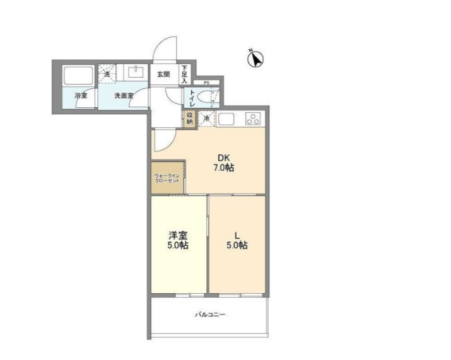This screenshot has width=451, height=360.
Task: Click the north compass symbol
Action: [x=255, y=59]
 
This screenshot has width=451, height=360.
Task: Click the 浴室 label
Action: [x=81, y=96]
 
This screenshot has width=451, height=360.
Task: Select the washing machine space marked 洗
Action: [x=107, y=74]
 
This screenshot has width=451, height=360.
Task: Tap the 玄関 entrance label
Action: [x=163, y=74]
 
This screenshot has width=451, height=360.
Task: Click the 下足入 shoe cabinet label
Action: [x=185, y=74]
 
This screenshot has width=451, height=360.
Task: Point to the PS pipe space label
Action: [x=206, y=83]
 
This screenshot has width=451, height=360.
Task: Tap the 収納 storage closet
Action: [x=190, y=119]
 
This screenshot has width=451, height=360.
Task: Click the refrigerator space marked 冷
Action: [x=206, y=119]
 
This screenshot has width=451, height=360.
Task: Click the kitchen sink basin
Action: [x=227, y=118]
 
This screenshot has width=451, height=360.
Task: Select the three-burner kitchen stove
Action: [x=254, y=118]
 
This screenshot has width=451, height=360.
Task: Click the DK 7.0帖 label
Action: [x=224, y=163]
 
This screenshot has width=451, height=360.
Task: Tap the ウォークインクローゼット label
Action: [x=167, y=178]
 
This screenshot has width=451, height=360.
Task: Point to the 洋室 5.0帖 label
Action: [x=178, y=240]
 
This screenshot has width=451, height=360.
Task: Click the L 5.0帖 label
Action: [x=237, y=240]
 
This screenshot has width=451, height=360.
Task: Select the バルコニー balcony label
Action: [x=209, y=314]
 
